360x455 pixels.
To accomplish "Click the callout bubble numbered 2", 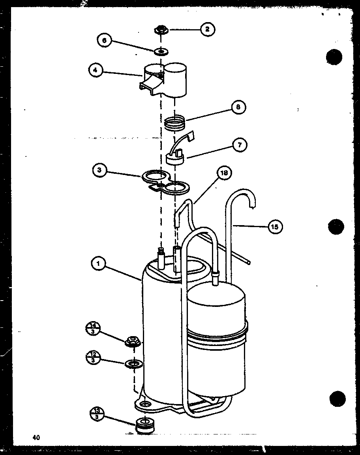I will point(208,29).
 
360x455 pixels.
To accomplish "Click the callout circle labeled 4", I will point(96,71).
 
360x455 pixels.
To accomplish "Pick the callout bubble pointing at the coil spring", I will point(238,107).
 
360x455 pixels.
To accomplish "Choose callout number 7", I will point(240,145).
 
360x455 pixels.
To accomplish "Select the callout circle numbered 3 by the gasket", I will point(99,170).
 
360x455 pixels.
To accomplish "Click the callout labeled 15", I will point(276,226).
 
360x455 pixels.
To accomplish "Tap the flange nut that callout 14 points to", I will point(133,341).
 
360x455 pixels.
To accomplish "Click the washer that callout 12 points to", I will point(133,363).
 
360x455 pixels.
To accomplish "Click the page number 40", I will point(36,437).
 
